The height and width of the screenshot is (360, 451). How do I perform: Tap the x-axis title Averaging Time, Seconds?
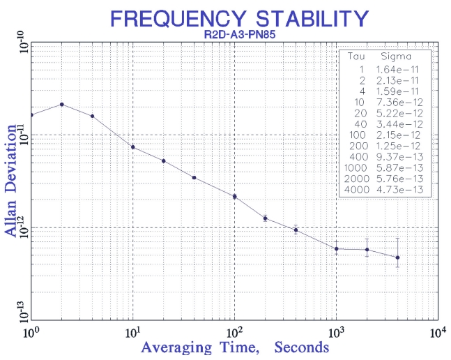(x=235, y=347)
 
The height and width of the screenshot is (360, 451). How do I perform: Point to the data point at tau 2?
(x=62, y=105)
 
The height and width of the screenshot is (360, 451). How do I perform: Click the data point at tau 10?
(x=132, y=147)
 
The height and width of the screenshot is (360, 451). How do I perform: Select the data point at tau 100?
(x=234, y=197)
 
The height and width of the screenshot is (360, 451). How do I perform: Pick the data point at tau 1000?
(x=336, y=249)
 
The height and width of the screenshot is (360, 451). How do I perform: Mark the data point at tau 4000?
(x=397, y=257)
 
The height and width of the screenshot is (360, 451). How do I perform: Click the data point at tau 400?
(x=296, y=230)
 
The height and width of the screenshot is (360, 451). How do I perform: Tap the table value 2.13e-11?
(x=401, y=80)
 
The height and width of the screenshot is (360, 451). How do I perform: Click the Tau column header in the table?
(x=358, y=57)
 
